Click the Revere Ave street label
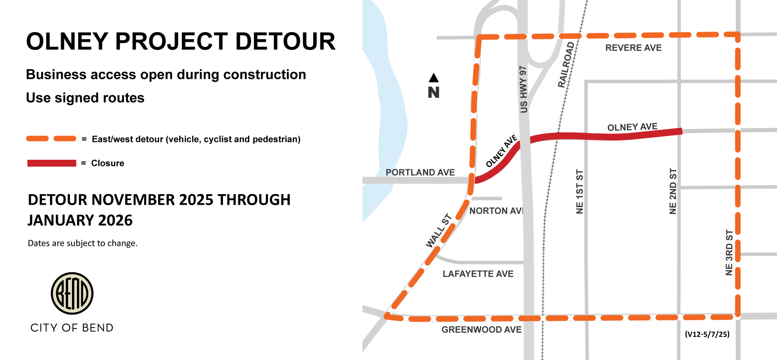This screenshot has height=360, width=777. (633, 48)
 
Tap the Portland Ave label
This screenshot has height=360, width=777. (420, 172)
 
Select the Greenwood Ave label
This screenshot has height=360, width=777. (481, 330)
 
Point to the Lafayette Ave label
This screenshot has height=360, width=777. (478, 274)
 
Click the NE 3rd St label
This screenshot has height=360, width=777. (729, 252)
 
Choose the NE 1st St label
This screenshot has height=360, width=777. (580, 192)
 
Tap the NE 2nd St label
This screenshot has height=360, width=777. (673, 191)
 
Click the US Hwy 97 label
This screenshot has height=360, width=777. (523, 89)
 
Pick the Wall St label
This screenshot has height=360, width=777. (438, 231)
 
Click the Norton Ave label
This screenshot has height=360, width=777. (496, 211)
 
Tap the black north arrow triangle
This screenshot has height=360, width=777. (434, 78)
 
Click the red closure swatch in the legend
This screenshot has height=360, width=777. (51, 163)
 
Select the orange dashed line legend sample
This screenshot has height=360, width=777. (51, 139)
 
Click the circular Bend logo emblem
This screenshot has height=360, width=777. (72, 293)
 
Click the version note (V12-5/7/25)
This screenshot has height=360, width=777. (707, 334)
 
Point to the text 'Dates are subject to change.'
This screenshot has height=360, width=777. (83, 243)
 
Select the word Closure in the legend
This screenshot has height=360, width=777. (108, 163)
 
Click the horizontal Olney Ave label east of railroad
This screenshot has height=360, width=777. (632, 127)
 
